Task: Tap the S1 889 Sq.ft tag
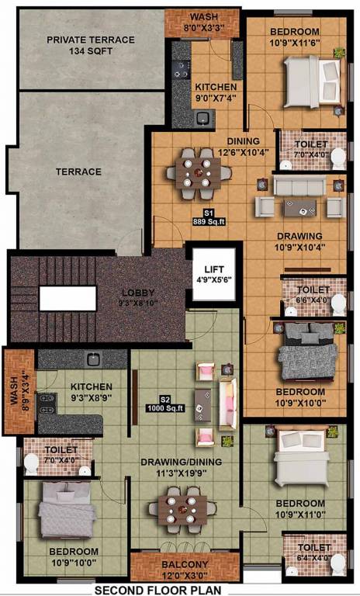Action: (x=209, y=217)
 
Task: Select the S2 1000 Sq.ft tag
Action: (x=165, y=404)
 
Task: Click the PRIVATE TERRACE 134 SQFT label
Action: (x=91, y=45)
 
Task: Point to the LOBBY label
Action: (x=138, y=297)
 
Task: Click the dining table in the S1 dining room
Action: (x=198, y=173)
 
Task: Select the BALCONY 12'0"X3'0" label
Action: (x=185, y=570)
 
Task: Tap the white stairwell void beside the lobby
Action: (x=67, y=298)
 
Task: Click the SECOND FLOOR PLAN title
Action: (x=157, y=591)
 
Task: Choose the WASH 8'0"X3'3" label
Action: (x=204, y=22)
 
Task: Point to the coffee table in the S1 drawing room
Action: (x=300, y=207)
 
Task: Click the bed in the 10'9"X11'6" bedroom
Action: (x=312, y=81)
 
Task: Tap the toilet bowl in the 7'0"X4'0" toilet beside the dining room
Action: (x=338, y=158)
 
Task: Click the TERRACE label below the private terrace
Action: (x=78, y=172)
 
